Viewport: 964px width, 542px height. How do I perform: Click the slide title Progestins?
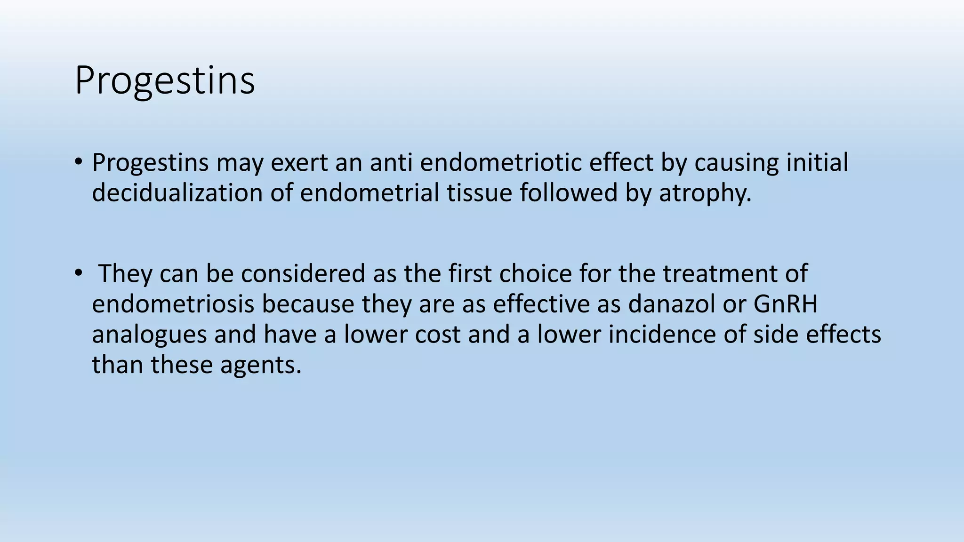[x=164, y=81]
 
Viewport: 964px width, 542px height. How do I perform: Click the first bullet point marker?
[x=78, y=162]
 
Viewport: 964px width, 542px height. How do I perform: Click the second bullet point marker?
[x=78, y=273]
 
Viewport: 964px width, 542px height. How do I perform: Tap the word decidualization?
[x=177, y=193]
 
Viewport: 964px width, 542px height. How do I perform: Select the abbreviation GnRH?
[x=785, y=304]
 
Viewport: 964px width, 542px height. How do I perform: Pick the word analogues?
[x=149, y=335]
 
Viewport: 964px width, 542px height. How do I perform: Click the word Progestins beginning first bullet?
[x=150, y=163]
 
